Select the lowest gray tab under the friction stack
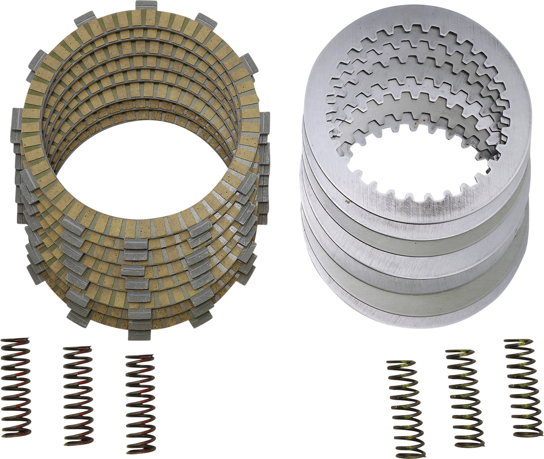pos(140,335)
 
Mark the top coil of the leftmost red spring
pos(16,341)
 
